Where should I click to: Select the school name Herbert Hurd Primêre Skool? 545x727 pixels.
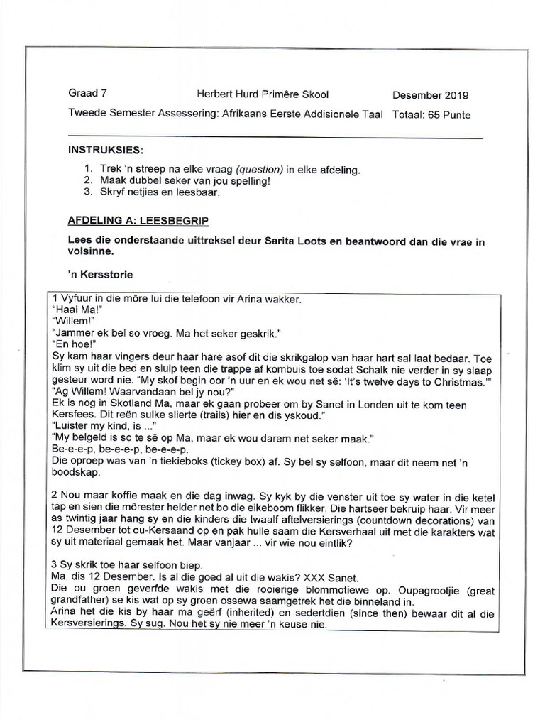(x=263, y=94)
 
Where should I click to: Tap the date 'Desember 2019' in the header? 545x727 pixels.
(x=430, y=95)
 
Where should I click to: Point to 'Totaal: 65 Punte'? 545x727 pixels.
(x=431, y=114)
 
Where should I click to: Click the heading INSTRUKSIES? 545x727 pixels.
(x=105, y=151)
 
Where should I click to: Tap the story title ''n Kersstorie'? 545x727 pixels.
(x=101, y=273)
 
